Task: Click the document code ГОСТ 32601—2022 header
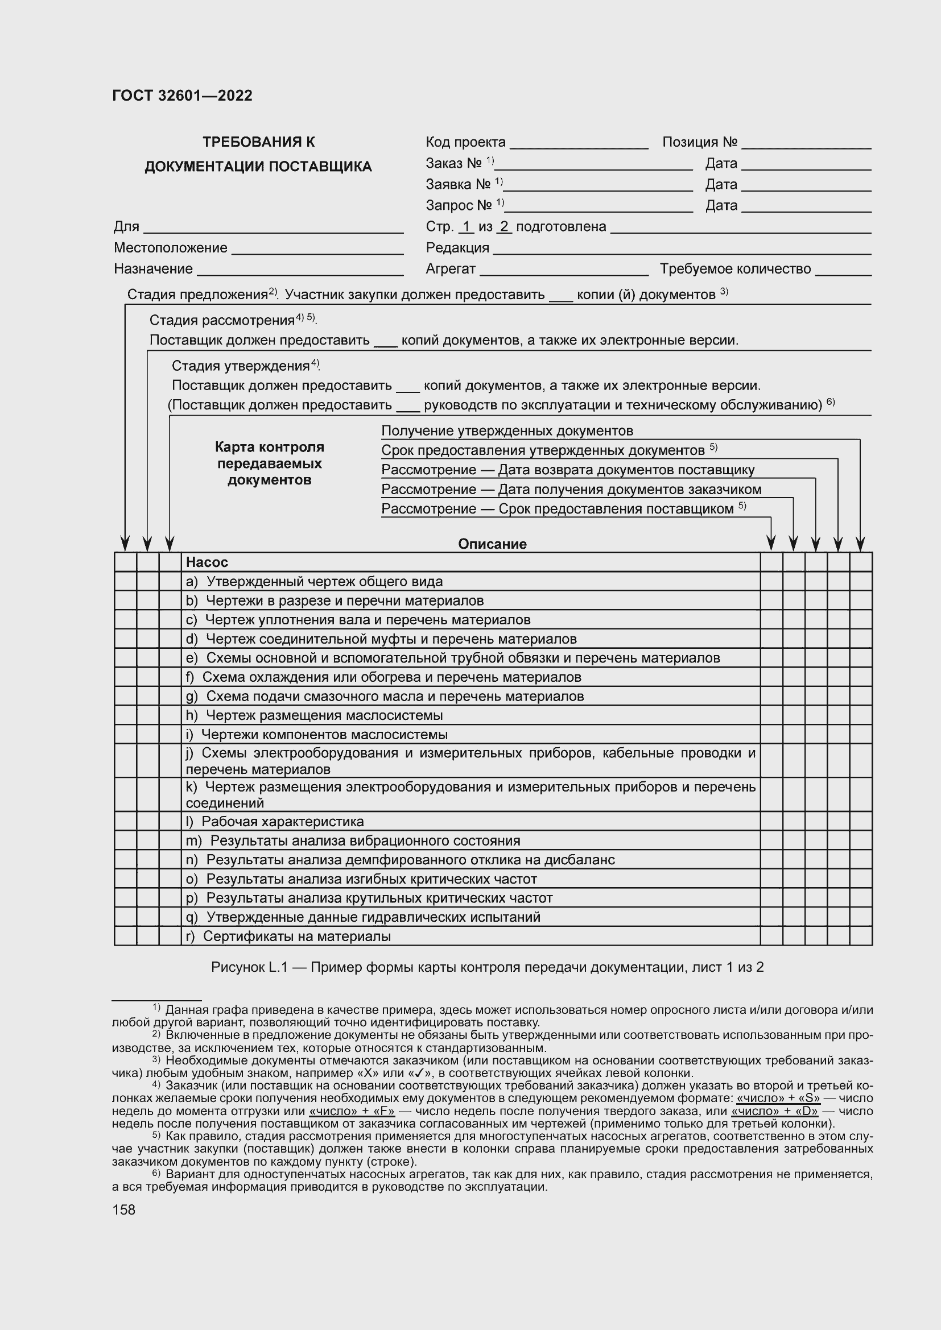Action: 182,96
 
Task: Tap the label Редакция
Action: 457,248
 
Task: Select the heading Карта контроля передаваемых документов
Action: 269,463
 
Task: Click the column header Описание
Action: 492,544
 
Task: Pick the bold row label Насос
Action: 207,562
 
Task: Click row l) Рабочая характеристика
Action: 275,822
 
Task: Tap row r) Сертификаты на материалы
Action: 288,936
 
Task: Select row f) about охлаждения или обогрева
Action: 383,677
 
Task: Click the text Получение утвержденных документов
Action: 507,431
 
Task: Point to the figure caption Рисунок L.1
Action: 487,967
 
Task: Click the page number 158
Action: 123,1209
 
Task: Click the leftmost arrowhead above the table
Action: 125,544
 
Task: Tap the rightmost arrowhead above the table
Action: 860,544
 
